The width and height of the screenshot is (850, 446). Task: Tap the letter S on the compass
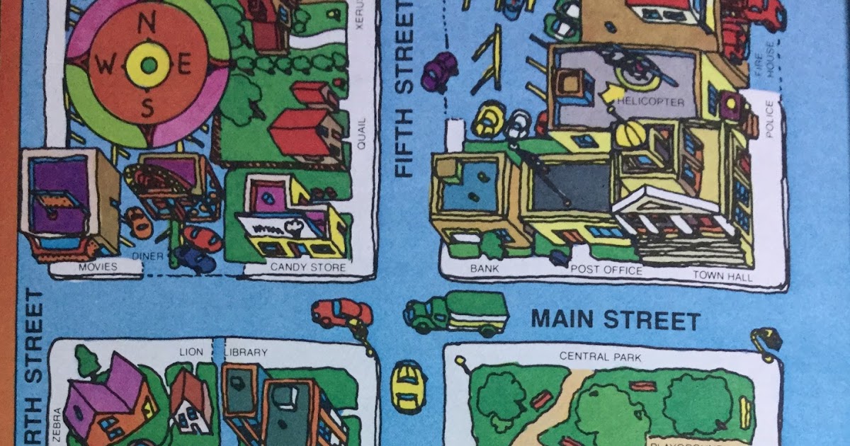coord(147,107)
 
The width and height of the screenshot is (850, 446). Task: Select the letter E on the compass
coord(185,67)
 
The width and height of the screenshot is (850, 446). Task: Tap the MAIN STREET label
coord(616,320)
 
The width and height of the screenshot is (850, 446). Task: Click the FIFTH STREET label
coord(404,88)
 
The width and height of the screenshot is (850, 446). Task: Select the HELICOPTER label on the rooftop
coord(651,102)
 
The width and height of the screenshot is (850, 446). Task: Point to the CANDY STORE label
coord(308,268)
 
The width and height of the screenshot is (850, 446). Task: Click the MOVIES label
coord(98,268)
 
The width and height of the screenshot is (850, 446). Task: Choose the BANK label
coord(484,269)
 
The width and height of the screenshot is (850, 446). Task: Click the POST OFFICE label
coord(606,270)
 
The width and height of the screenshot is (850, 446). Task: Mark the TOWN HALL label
coord(722,275)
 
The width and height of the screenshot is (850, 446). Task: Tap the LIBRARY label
coord(245,352)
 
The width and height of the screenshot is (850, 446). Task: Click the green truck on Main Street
coord(456,313)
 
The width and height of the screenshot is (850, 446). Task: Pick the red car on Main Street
coord(342,312)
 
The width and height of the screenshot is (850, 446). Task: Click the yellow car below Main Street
coord(407,386)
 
